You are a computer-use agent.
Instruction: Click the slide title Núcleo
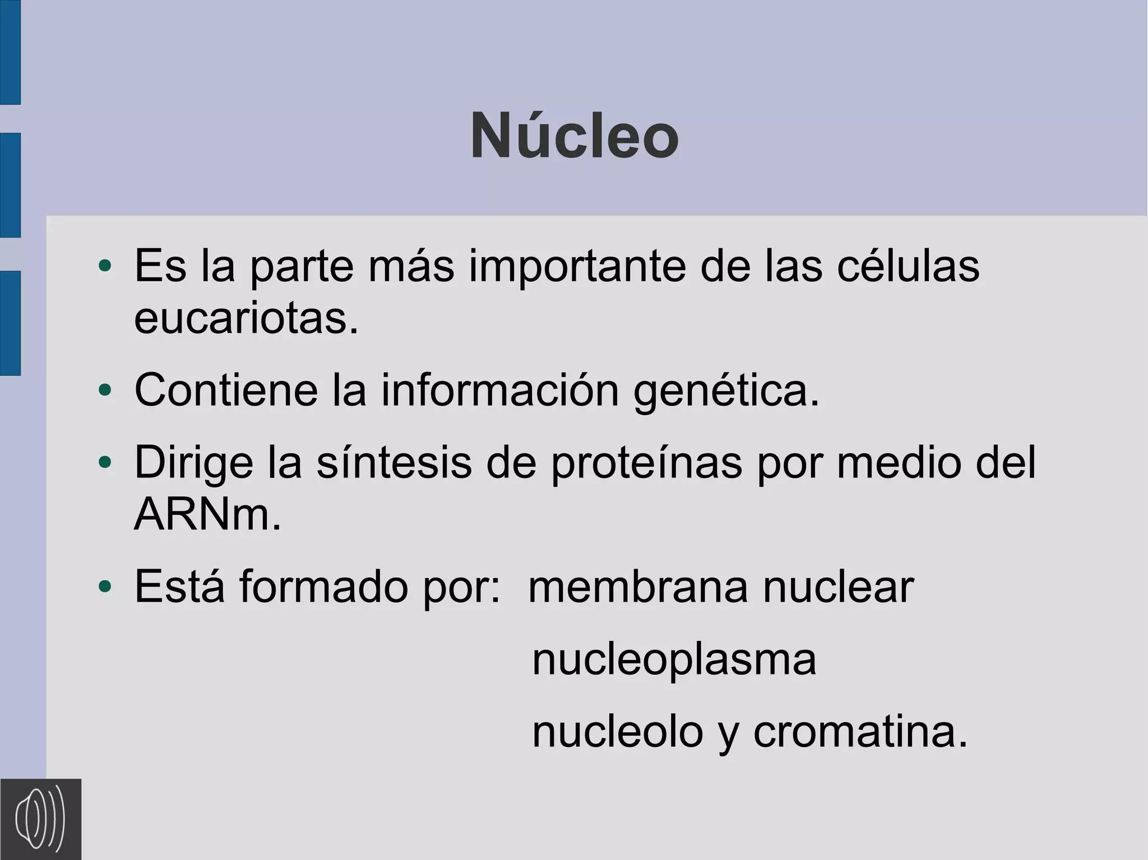[575, 137]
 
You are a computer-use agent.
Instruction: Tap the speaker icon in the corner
[40, 819]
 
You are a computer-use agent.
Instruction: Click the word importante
[577, 267]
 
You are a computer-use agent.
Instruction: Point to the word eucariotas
[246, 318]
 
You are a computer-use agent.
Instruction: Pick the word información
[500, 390]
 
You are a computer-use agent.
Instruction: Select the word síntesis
[394, 463]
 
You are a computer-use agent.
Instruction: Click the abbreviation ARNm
[207, 515]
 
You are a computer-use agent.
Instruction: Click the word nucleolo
[617, 732]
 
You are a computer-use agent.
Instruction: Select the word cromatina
[860, 732]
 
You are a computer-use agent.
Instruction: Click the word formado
[323, 587]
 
